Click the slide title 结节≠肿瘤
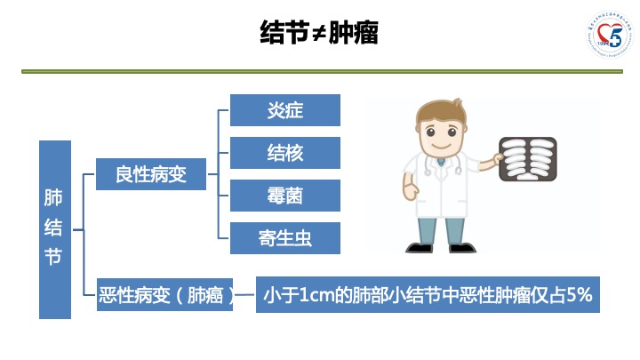tap(319, 33)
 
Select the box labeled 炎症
tap(285, 110)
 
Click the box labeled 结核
tap(285, 153)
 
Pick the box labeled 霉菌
tap(285, 196)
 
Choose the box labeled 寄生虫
tap(285, 238)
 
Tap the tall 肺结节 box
tap(54, 228)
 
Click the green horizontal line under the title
tap(319, 71)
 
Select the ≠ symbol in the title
tap(319, 34)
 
